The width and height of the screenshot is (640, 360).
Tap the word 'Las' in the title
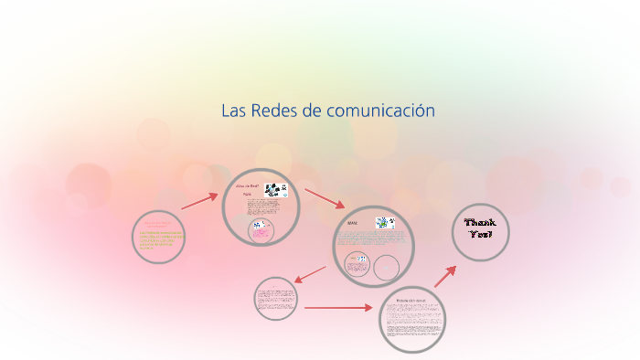coord(233,111)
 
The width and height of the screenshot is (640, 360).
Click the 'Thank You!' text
coord(480,228)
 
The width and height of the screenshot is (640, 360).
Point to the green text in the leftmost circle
coord(160,240)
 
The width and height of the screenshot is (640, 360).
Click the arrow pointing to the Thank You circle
coord(445,275)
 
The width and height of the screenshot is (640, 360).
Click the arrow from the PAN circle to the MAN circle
coord(325,198)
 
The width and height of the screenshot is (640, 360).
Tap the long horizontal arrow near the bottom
coord(338,308)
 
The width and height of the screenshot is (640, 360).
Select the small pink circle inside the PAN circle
coord(261,230)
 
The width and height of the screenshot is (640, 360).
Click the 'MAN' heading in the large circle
coord(352,222)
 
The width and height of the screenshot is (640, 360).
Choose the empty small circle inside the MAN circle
coord(386,267)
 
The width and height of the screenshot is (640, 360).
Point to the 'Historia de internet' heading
coord(411,300)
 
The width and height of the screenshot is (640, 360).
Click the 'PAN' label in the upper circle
coord(245,195)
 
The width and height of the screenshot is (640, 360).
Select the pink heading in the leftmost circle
coord(159,223)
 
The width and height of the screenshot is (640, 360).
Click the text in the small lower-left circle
coord(275,299)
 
